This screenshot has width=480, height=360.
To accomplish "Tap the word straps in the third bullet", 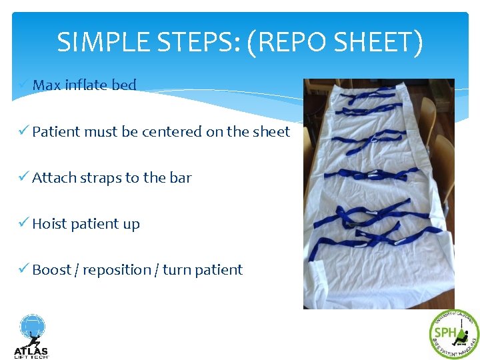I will pos(101,178).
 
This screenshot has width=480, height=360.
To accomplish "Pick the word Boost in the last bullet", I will pos(51,270).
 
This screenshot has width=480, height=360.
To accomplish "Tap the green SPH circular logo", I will pos(454,334).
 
